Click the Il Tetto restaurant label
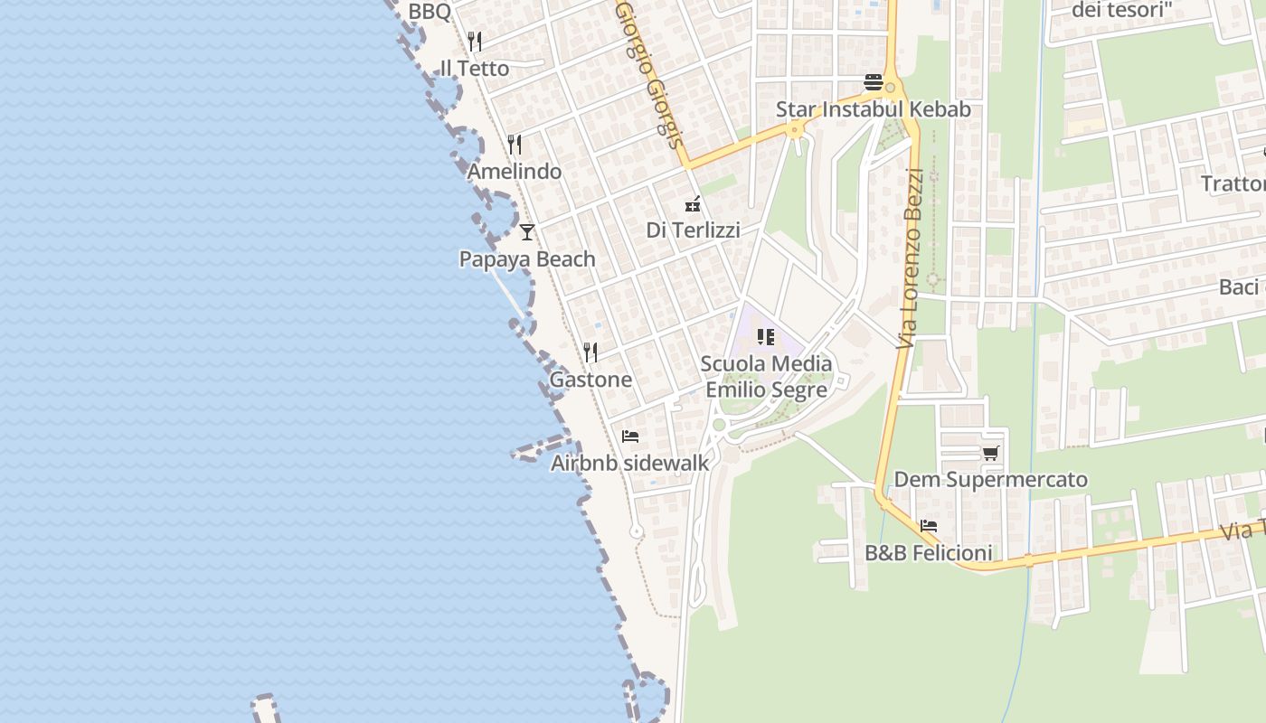[x=474, y=69]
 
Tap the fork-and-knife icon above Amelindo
[x=515, y=145]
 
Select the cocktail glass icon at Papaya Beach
[x=527, y=232]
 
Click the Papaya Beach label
[x=527, y=259]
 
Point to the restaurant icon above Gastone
[x=590, y=352]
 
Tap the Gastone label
[x=590, y=380]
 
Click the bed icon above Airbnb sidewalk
[x=630, y=437]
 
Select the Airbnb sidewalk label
[x=630, y=464]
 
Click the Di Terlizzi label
[x=693, y=230]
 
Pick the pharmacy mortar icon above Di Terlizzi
[x=693, y=204]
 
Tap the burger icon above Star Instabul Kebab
[x=874, y=82]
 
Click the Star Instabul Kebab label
[x=874, y=109]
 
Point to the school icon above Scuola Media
[x=766, y=337]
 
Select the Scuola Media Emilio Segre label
[x=766, y=377]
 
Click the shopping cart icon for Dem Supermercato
[x=991, y=453]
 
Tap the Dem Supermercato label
[x=991, y=480]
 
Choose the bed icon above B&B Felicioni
[x=929, y=526]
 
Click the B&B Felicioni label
[x=929, y=553]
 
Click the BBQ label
[x=430, y=12]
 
